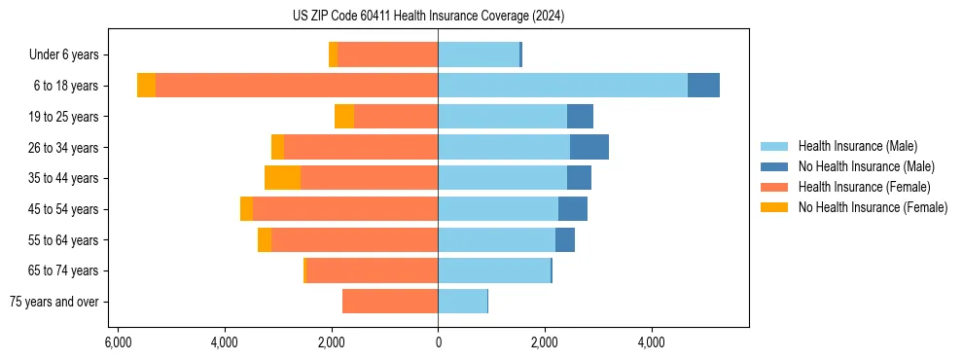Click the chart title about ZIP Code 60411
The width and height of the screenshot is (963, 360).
coord(428,17)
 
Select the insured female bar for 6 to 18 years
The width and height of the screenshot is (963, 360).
coord(297,86)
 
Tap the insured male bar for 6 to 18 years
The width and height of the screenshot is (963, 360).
coord(562,86)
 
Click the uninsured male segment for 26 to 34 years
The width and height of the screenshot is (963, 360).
coord(588,147)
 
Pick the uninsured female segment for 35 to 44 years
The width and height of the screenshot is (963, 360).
coord(282,178)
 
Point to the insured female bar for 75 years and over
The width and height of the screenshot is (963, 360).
coord(390,302)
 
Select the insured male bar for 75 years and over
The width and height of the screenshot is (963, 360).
coord(462,302)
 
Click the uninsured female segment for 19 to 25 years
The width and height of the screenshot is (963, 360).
coord(344,117)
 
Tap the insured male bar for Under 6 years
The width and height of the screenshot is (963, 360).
coord(479,54)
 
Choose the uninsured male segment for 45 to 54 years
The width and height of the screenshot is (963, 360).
coord(572,209)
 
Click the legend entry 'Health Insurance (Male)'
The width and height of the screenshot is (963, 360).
coord(857,146)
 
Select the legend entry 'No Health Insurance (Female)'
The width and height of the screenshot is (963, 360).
coord(873,207)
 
